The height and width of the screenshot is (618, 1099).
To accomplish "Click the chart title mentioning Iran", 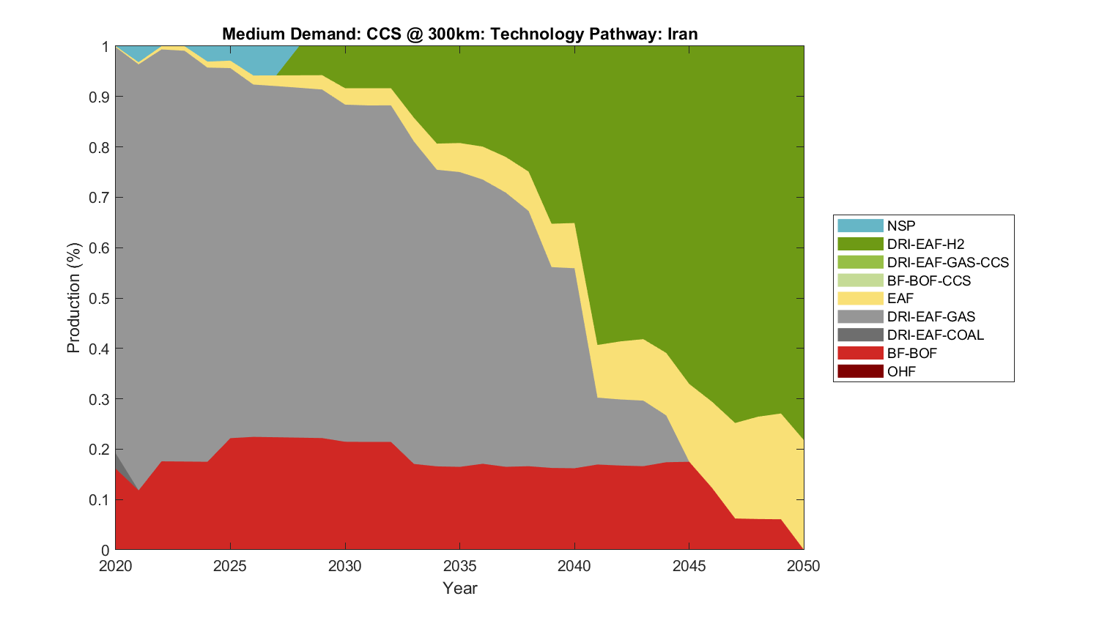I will [x=459, y=34].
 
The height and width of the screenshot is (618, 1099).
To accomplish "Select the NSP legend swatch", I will [x=860, y=226].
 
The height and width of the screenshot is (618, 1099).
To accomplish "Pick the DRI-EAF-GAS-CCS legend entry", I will [x=947, y=262].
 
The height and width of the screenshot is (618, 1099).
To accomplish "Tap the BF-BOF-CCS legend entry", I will [x=928, y=280].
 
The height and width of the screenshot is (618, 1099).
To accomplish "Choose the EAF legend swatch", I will [x=860, y=299].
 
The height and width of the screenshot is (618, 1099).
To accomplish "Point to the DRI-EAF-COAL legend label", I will [x=935, y=335].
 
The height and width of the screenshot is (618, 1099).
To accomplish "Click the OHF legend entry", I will [x=901, y=371].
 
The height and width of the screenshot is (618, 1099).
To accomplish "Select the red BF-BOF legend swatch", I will [x=860, y=353].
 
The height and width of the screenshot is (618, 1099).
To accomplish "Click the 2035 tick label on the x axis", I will [x=459, y=566].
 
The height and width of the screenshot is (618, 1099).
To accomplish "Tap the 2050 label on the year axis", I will [x=804, y=566].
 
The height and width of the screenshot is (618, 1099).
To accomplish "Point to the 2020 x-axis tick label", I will [x=115, y=566].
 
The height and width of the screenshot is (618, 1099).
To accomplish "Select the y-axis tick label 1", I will [x=106, y=47].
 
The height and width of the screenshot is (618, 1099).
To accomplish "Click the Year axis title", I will [x=459, y=588].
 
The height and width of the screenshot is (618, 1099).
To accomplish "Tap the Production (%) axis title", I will [x=73, y=298].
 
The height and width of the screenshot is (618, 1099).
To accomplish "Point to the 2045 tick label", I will [x=689, y=566].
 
